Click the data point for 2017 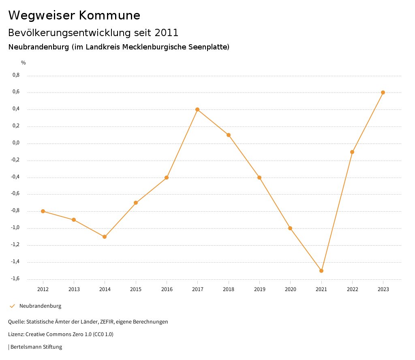pyautogui.click(x=197, y=109)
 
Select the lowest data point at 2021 pyautogui.click(x=321, y=271)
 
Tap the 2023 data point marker pyautogui.click(x=383, y=92)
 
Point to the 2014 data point pyautogui.click(x=105, y=237)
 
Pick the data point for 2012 pyautogui.click(x=43, y=211)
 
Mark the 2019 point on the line pyautogui.click(x=259, y=178)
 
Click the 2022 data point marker pyautogui.click(x=352, y=152)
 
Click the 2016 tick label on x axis pyautogui.click(x=167, y=289)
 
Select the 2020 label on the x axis pyautogui.click(x=291, y=289)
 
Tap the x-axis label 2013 pyautogui.click(x=74, y=289)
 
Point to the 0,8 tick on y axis pyautogui.click(x=16, y=75)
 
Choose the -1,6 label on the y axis pyautogui.click(x=15, y=279)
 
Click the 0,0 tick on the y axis pyautogui.click(x=16, y=143)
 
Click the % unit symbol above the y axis pyautogui.click(x=24, y=63)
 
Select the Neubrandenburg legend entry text pyautogui.click(x=40, y=306)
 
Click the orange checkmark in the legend pyautogui.click(x=12, y=306)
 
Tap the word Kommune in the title pyautogui.click(x=109, y=15)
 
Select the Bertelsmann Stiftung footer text pyautogui.click(x=36, y=347)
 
